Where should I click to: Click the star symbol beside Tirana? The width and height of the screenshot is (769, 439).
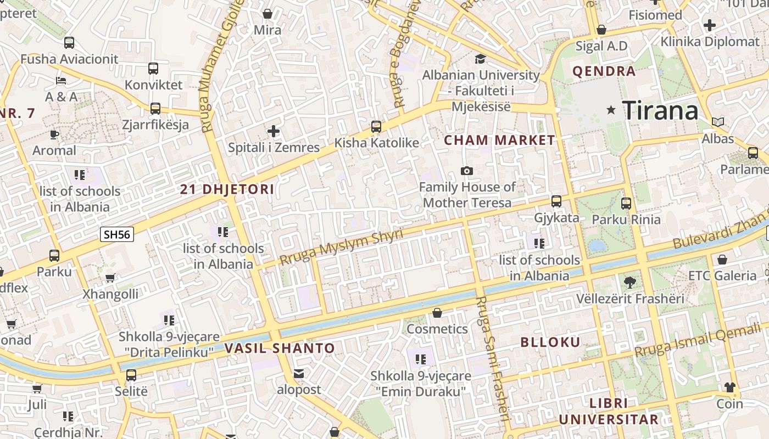coord(611,110)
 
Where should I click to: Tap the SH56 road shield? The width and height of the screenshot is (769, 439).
coord(117,235)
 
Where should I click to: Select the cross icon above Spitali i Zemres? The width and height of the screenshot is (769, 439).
coord(274,131)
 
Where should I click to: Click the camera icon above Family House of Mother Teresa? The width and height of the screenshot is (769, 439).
coord(467,171)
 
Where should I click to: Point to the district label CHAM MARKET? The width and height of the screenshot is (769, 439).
coord(499,140)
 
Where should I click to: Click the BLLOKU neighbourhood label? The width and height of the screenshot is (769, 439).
coord(550,342)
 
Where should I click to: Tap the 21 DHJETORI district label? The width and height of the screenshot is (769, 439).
coord(227,190)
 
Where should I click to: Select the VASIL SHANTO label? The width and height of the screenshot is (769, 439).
coord(280,348)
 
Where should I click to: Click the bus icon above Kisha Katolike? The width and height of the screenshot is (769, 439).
coord(376,127)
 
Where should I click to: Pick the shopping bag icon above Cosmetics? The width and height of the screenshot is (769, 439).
coord(437,313)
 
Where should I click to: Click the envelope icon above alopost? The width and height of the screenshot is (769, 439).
coord(299,374)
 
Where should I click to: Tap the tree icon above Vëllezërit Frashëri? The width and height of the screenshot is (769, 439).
coord(630,283)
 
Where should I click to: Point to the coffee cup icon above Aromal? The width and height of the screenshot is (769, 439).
coord(54,134)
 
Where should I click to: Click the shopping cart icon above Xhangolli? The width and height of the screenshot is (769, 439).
coord(110,278)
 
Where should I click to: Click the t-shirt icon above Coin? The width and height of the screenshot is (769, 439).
coord(729,387)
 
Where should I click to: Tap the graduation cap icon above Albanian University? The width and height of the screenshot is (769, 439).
coord(481,59)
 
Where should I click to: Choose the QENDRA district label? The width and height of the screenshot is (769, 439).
coord(604,71)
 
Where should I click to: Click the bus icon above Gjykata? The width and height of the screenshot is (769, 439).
coord(556,201)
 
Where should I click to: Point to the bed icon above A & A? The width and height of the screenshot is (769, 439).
coord(61,81)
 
